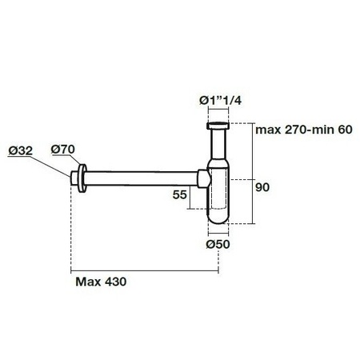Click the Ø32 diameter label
point(20,150)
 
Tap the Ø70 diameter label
point(63,149)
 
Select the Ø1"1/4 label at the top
point(220,101)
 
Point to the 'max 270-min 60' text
point(304,130)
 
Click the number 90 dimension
point(262,187)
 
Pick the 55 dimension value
point(179,194)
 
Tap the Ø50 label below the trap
point(218,244)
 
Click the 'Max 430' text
point(101,282)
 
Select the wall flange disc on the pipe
point(82,178)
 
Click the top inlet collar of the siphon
point(218,126)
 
